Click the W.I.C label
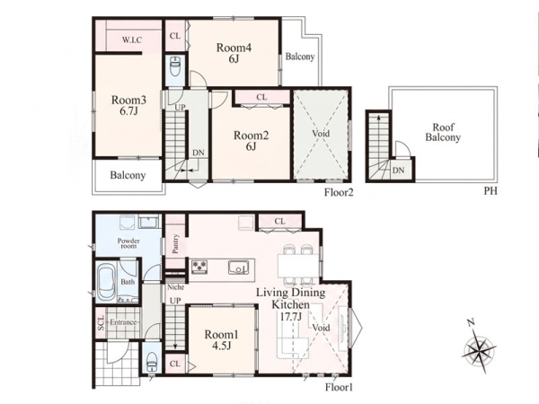(132, 40)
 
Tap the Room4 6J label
(234, 53)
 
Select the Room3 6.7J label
(128, 105)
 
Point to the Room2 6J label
(251, 141)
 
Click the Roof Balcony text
(443, 132)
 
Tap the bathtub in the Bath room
(107, 283)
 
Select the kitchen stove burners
(199, 266)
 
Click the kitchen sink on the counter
(239, 268)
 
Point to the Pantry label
(175, 243)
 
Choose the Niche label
(176, 287)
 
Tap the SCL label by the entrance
(101, 323)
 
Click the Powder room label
(128, 243)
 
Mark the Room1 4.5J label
(222, 339)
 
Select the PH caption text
(490, 191)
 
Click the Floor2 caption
(339, 192)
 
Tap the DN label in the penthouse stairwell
(398, 170)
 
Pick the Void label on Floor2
(321, 133)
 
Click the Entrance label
(123, 322)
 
